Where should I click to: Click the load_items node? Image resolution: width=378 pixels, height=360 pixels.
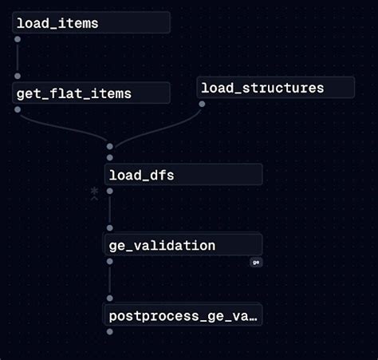pyautogui.click(x=92, y=23)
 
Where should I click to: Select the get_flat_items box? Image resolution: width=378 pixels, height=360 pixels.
pyautogui.click(x=92, y=93)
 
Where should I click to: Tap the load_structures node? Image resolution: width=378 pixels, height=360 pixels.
pyautogui.click(x=275, y=88)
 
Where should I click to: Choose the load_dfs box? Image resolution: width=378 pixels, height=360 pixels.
pyautogui.click(x=183, y=175)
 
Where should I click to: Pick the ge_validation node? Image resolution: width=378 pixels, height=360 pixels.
pyautogui.click(x=183, y=245)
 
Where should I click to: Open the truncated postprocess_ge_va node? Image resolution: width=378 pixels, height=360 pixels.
pyautogui.click(x=183, y=316)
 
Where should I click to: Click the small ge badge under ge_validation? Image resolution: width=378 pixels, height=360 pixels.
pyautogui.click(x=256, y=262)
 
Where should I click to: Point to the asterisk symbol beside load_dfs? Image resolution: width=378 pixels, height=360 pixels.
pyautogui.click(x=94, y=192)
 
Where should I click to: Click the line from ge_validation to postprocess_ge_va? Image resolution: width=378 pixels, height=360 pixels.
pyautogui.click(x=110, y=281)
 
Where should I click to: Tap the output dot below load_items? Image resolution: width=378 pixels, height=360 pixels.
pyautogui.click(x=18, y=38)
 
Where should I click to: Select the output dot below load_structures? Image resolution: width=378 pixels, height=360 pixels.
pyautogui.click(x=202, y=103)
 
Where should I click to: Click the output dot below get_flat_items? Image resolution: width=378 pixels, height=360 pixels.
pyautogui.click(x=18, y=109)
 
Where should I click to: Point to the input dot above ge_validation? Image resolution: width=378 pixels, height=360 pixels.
pyautogui.click(x=110, y=227)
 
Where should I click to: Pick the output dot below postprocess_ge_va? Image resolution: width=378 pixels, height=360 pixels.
pyautogui.click(x=110, y=331)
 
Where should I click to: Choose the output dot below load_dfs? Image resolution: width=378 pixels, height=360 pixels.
pyautogui.click(x=110, y=191)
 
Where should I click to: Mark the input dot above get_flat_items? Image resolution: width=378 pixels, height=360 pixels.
pyautogui.click(x=18, y=77)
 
